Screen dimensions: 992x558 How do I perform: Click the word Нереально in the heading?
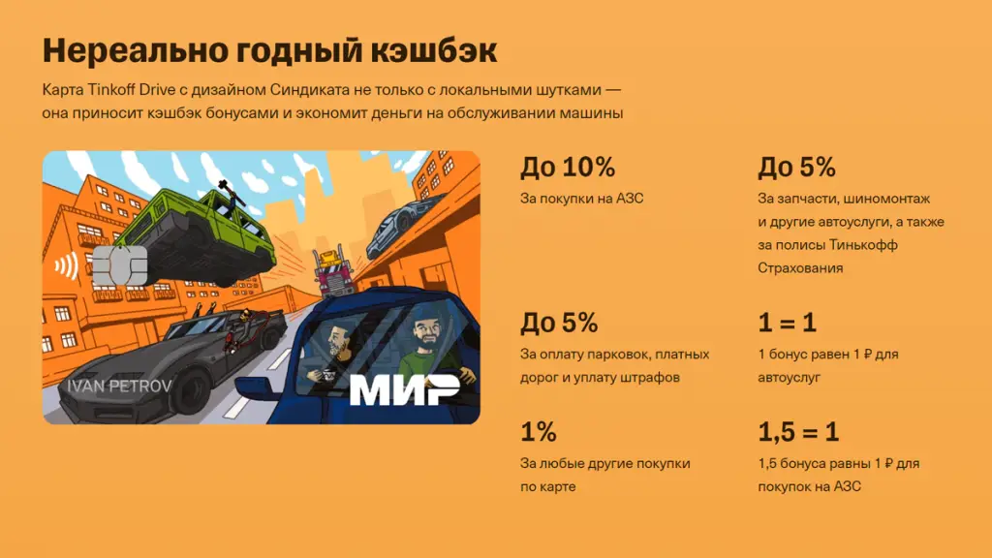click(136, 50)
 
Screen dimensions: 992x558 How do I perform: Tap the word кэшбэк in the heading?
click(434, 50)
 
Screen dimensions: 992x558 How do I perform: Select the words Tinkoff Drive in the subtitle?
click(132, 89)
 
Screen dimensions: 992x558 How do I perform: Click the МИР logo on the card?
click(405, 388)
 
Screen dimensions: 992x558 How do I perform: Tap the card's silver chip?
click(119, 265)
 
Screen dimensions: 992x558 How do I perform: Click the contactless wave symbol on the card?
click(67, 265)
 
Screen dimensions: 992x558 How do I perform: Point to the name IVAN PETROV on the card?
click(119, 386)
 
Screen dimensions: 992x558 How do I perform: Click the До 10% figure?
click(568, 167)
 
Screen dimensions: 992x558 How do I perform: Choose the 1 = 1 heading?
click(787, 323)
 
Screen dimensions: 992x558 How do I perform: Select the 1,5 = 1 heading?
click(798, 432)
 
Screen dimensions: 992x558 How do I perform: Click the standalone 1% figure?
click(539, 432)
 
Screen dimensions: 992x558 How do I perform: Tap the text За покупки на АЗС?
click(581, 199)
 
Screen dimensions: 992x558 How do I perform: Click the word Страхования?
click(800, 268)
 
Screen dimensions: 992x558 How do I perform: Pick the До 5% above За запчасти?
click(796, 167)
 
